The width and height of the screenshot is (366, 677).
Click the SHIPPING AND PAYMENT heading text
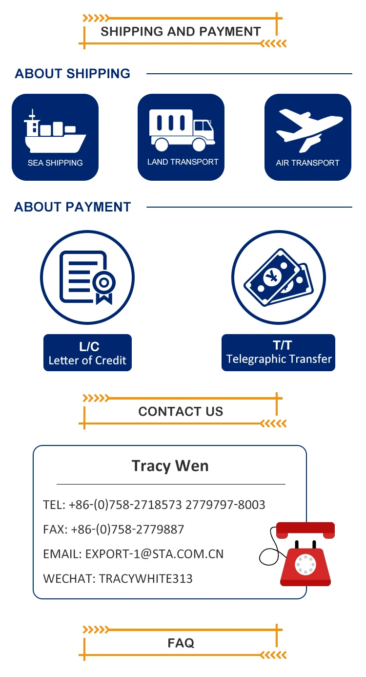(x=181, y=32)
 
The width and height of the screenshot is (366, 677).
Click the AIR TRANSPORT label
(x=307, y=163)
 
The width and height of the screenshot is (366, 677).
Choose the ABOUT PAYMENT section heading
(x=72, y=207)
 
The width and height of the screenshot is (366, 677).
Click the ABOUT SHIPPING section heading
(x=72, y=74)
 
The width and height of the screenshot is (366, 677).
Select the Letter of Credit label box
(x=87, y=353)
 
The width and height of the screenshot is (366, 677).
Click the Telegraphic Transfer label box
(x=279, y=353)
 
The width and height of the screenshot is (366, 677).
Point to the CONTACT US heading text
(x=181, y=411)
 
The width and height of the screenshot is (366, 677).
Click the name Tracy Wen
(x=170, y=465)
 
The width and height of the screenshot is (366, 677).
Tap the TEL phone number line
(x=154, y=505)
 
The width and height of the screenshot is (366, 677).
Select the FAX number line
(x=114, y=529)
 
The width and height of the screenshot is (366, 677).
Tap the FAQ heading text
(x=181, y=643)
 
